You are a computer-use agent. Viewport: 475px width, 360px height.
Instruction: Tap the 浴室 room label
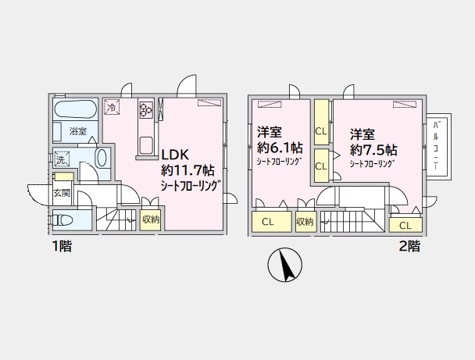point(77,131)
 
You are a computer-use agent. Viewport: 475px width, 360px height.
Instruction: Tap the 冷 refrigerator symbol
point(113,107)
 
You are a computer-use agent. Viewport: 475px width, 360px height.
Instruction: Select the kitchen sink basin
point(145,144)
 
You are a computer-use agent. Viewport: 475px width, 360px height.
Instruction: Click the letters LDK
point(176,153)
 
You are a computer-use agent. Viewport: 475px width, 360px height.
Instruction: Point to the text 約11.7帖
point(185,169)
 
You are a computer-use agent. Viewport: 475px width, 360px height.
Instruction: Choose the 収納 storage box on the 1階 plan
point(151,219)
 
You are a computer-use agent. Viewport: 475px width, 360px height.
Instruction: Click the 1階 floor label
point(61,246)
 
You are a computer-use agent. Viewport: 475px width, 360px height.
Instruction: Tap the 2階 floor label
point(408,246)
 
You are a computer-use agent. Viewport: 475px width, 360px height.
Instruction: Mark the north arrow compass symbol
point(284,266)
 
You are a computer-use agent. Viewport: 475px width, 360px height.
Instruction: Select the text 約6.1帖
point(280,148)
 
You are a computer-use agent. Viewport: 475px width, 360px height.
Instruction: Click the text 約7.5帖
point(373,148)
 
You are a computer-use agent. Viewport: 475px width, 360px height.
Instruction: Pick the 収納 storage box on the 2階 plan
point(305,222)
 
